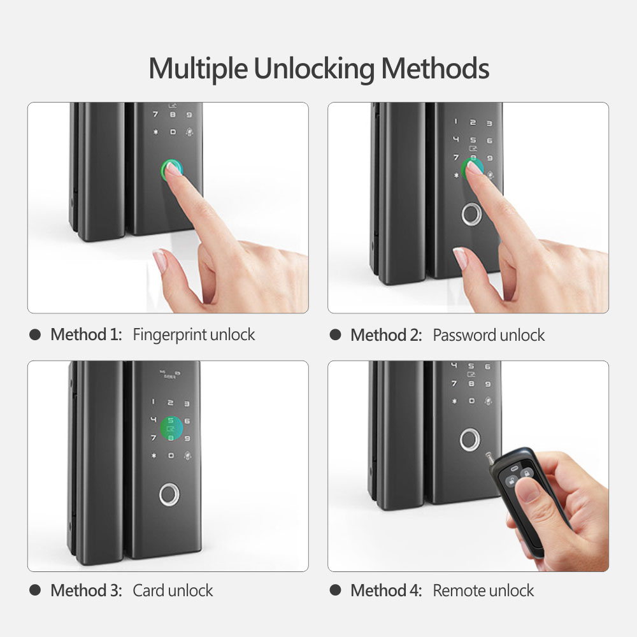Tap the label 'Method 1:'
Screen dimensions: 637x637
click(x=86, y=334)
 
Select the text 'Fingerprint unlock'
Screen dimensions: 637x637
click(x=194, y=334)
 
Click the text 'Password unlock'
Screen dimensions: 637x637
click(x=489, y=335)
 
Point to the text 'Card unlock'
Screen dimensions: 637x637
click(x=173, y=590)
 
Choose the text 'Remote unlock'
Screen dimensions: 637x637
click(x=483, y=590)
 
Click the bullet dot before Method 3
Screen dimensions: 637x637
click(x=36, y=590)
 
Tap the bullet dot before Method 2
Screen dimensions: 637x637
click(x=336, y=335)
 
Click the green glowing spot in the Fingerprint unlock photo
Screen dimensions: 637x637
click(x=172, y=170)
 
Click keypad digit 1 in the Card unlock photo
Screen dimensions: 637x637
click(x=153, y=402)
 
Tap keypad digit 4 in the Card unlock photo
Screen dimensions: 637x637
click(x=153, y=420)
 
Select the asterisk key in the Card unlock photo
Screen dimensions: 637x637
click(x=153, y=456)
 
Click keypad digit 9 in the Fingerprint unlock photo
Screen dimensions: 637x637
click(x=189, y=115)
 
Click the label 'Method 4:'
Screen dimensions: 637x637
click(x=386, y=590)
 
